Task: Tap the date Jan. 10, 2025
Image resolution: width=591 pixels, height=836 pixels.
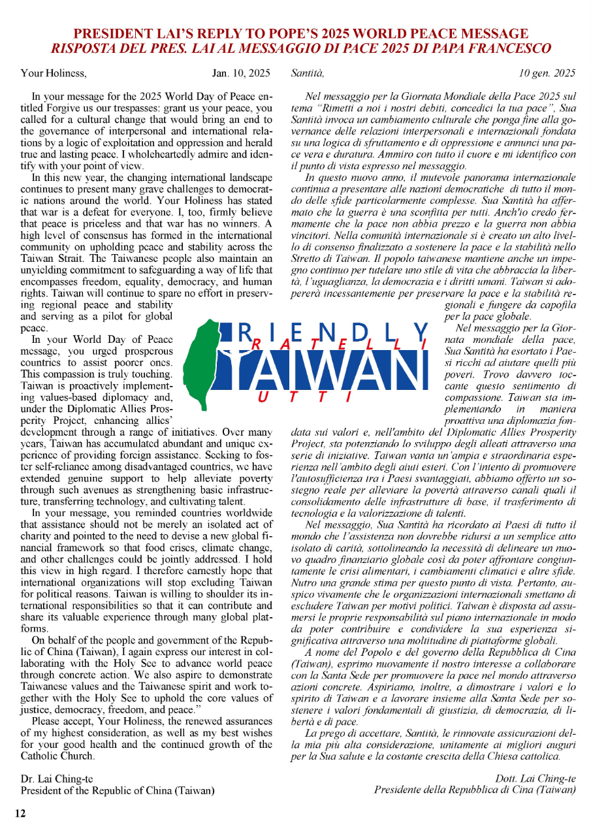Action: pos(241,72)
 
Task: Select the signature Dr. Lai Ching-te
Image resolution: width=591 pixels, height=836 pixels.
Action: pos(54,778)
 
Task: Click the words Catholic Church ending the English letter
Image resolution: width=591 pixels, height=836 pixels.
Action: pos(58,756)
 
